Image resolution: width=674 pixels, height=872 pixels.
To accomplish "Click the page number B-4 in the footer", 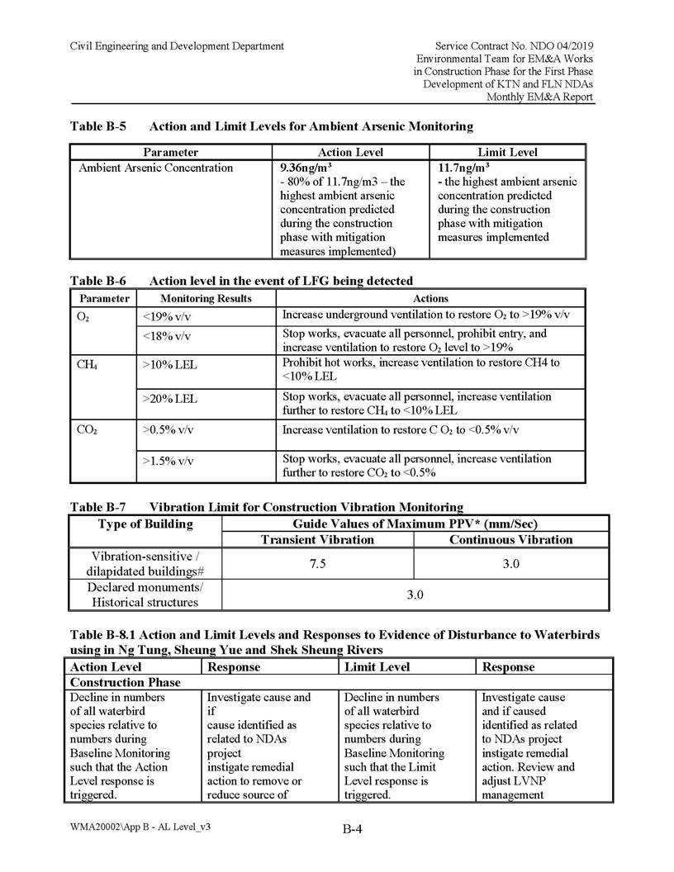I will [354, 830].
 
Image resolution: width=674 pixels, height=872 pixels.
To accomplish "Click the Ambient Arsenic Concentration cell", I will [156, 168].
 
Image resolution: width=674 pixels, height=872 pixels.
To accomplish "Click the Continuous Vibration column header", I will [510, 539].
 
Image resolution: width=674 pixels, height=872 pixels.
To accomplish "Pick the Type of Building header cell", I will [145, 524].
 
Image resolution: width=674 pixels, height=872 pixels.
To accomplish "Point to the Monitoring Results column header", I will [206, 298].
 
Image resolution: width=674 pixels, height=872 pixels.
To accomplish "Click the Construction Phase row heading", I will [126, 683].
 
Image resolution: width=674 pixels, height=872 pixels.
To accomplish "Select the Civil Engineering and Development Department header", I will [177, 46].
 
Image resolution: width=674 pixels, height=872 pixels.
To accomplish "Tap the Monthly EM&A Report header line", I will [540, 97].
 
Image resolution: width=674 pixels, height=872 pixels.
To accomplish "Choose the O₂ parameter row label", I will [83, 316].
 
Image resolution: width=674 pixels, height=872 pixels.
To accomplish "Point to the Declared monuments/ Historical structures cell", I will [145, 595].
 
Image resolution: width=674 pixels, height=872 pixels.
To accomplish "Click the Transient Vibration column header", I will [317, 539].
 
